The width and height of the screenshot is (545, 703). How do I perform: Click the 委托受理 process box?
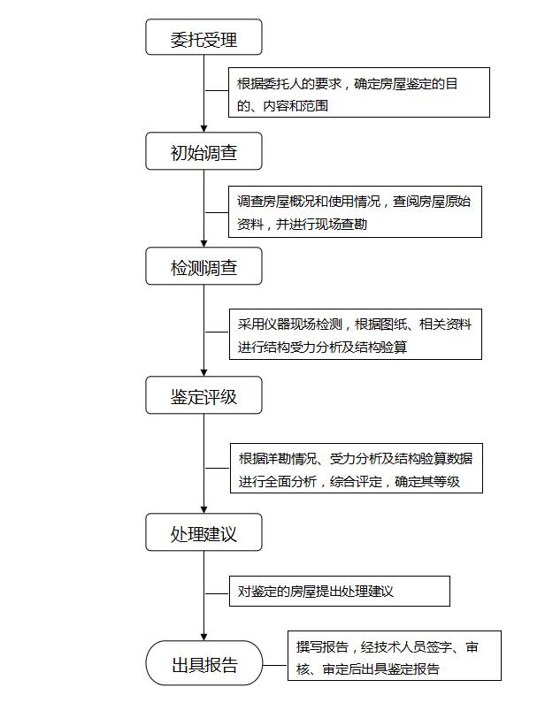203,37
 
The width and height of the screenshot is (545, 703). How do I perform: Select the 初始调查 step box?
203,151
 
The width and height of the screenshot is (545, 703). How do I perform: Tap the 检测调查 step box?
203,266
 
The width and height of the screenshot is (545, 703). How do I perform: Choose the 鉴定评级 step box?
203,395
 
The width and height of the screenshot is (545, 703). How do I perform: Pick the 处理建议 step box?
203,532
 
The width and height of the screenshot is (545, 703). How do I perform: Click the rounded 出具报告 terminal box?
203,663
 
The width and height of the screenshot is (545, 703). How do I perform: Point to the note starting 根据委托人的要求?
359,92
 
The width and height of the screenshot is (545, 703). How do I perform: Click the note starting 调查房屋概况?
355,211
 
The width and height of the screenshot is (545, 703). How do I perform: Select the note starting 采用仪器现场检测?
356,334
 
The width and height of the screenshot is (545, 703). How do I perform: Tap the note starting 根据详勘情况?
357,468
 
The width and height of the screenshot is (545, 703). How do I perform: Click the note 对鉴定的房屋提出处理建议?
339,592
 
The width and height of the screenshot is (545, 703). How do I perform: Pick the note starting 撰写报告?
395,655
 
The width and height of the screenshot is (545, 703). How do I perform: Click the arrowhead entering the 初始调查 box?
203,129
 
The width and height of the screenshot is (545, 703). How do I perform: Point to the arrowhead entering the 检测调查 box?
203,244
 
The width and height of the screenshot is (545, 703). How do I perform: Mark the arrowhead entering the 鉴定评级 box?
203,372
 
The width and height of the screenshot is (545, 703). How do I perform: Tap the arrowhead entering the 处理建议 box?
203,509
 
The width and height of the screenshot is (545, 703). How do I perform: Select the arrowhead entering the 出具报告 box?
203,637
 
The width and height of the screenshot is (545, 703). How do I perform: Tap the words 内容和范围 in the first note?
296,106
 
